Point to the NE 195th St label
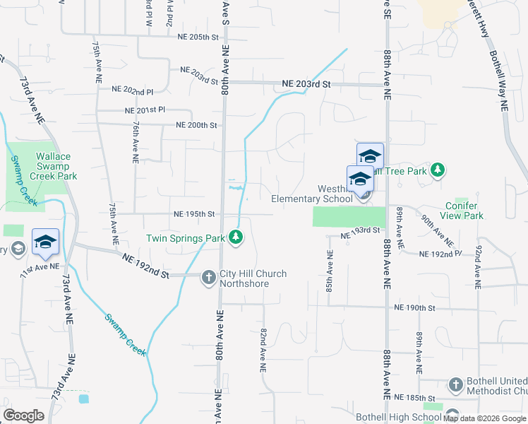(x=194, y=214)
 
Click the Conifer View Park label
(x=461, y=211)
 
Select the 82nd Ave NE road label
(x=263, y=349)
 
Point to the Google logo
(x=24, y=415)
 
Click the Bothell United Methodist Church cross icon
(x=455, y=385)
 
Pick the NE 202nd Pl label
(x=133, y=91)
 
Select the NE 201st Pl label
(x=145, y=110)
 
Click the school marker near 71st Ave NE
(x=45, y=242)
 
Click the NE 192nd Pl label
(x=440, y=253)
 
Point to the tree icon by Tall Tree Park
(x=438, y=170)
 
